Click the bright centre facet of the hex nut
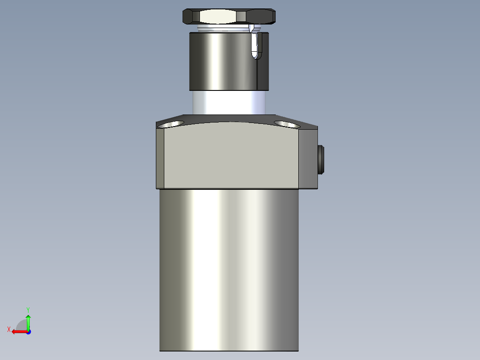[x=218, y=16]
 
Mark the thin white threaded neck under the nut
[x=218, y=29]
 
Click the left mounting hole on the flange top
[x=173, y=123]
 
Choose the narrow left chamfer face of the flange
[x=160, y=158]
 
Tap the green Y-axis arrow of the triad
[x=28, y=321]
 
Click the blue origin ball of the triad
[x=28, y=331]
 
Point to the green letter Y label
[x=28, y=309]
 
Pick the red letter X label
[x=8, y=329]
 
